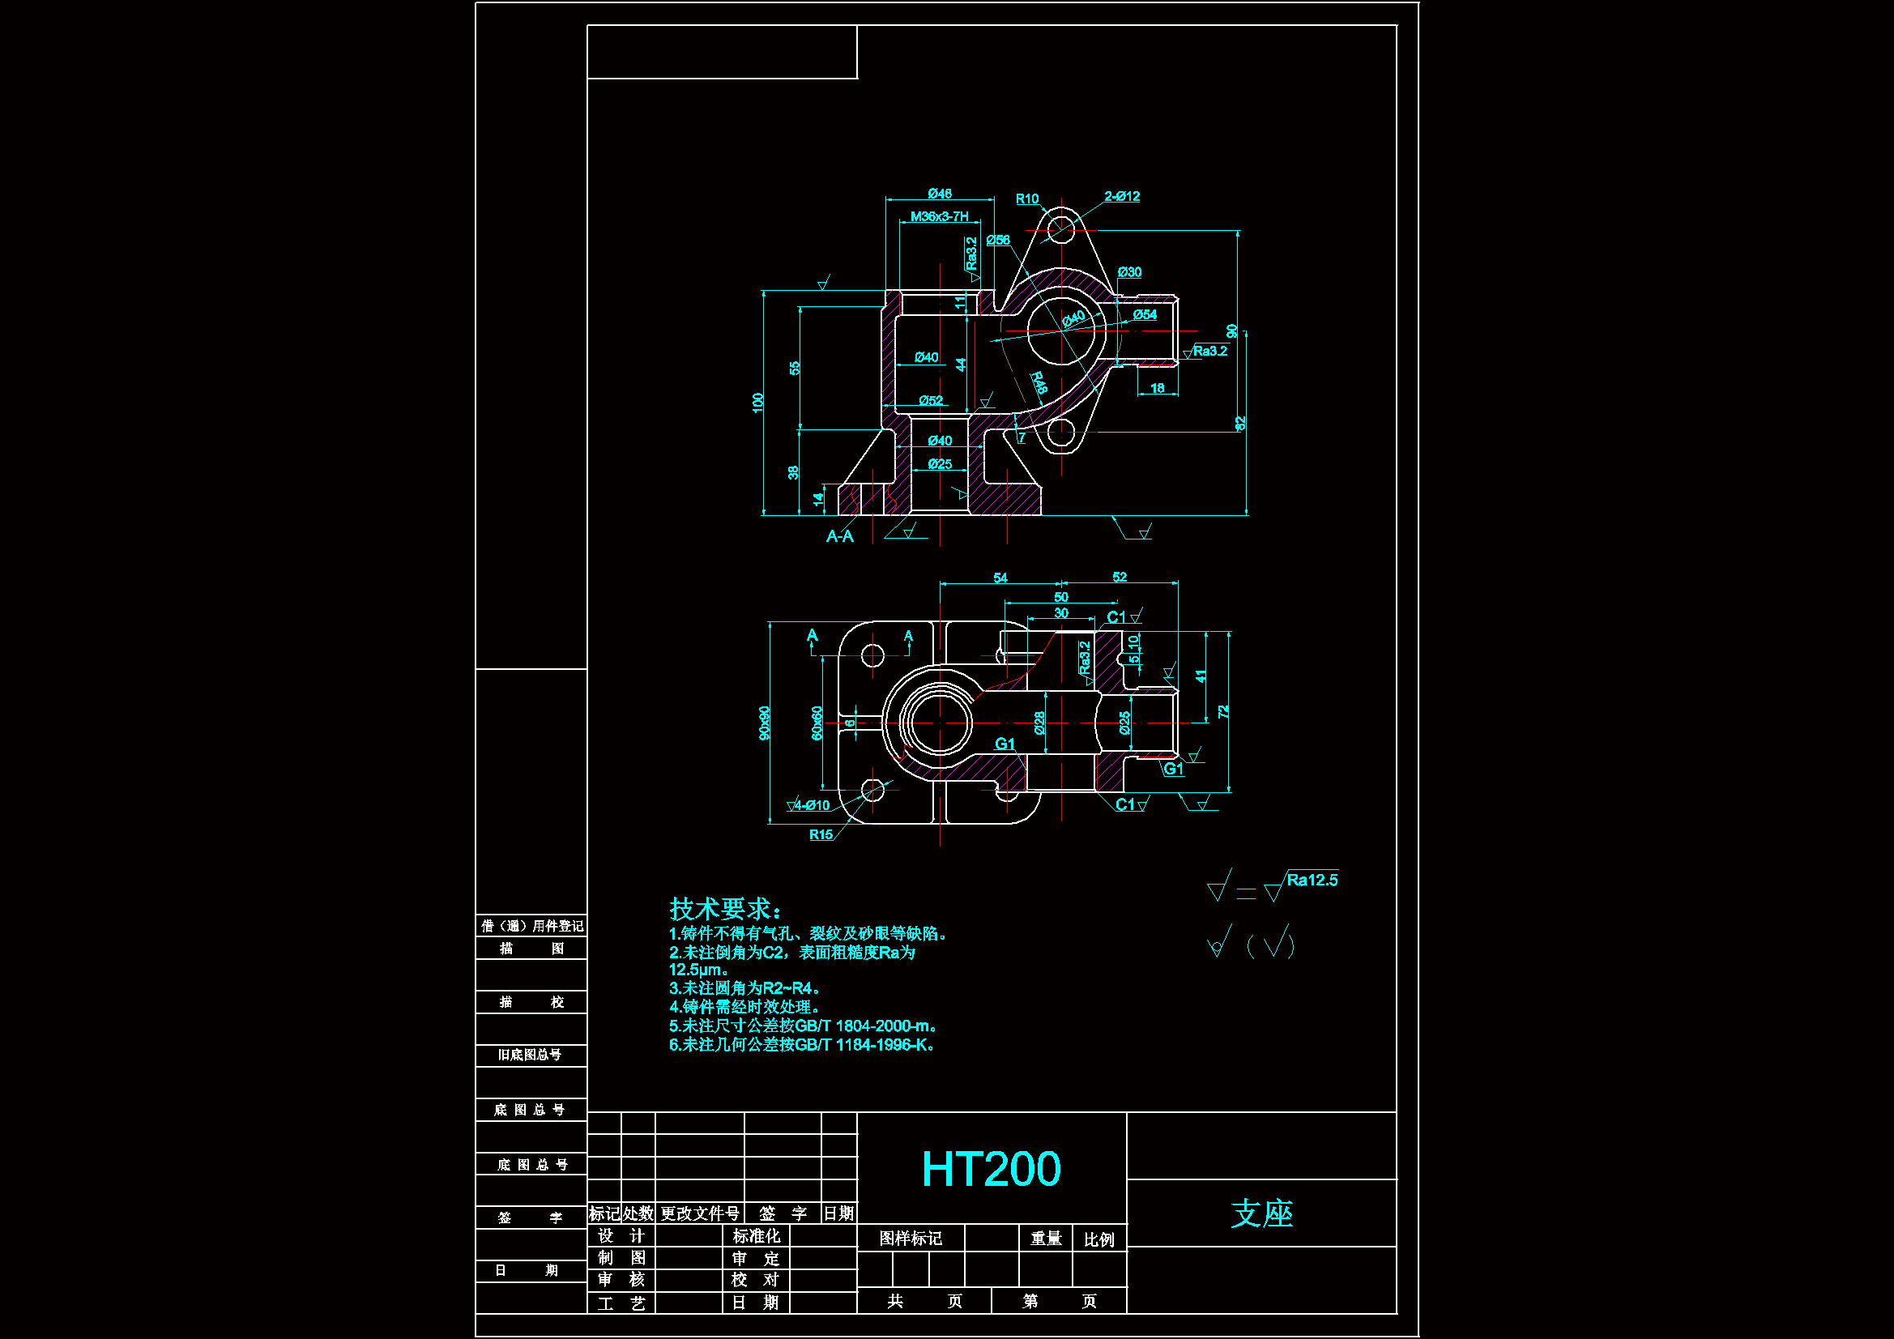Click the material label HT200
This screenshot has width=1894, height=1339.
click(x=991, y=1169)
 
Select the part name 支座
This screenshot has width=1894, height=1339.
click(x=1261, y=1213)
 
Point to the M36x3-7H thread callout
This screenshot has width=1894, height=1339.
click(x=939, y=216)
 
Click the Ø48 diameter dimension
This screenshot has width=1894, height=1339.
click(x=940, y=193)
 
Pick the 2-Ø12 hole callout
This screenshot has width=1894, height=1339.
click(x=1122, y=196)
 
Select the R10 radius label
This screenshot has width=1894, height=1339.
click(x=1027, y=198)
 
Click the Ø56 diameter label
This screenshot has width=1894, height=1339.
click(x=998, y=240)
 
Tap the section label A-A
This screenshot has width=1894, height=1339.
click(x=840, y=536)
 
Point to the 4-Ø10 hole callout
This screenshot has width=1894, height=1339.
click(x=812, y=805)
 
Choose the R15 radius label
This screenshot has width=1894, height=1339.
click(x=821, y=835)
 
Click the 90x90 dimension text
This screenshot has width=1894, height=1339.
click(x=765, y=723)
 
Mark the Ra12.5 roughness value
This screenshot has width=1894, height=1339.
click(x=1312, y=881)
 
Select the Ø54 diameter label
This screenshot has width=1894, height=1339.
click(x=1145, y=314)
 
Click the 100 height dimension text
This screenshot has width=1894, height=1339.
click(x=758, y=403)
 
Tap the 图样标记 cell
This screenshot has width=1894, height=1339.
click(x=910, y=1239)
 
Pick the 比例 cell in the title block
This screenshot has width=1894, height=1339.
click(x=1098, y=1239)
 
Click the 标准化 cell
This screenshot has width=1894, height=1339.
click(x=756, y=1236)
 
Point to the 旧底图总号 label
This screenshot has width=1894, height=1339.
click(x=530, y=1055)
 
